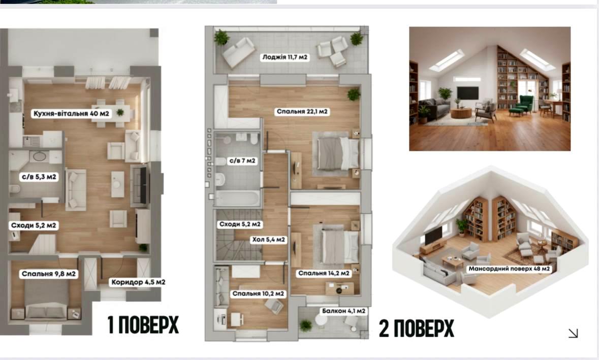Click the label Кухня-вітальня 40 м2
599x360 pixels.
click(72, 113)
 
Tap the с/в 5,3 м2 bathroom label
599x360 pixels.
click(39, 177)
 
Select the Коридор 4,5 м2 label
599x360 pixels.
click(138, 282)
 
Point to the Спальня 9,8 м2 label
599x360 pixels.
click(49, 274)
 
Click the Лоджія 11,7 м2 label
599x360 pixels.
click(285, 57)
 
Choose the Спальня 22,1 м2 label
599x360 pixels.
click(302, 112)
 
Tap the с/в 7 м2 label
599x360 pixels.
click(242, 161)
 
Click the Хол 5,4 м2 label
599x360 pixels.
click(269, 240)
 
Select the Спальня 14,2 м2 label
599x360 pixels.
click(324, 273)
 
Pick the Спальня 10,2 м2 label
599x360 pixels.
click(258, 293)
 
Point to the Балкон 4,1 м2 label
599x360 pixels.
click(344, 311)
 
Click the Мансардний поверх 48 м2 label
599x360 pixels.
click(509, 269)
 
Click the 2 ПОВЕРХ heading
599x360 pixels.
click(417, 329)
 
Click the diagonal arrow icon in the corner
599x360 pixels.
click(573, 333)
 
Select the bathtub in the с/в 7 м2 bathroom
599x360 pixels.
click(237, 198)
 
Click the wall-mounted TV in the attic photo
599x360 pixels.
click(467, 92)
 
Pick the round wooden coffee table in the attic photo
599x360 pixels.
click(461, 113)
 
